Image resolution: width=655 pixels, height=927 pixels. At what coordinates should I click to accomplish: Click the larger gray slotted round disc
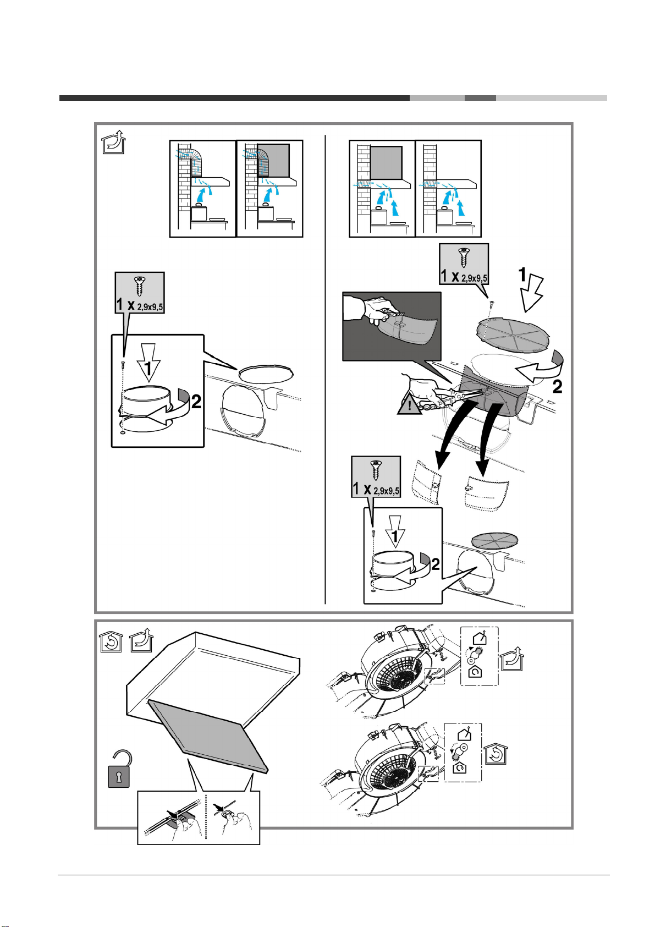coord(513,335)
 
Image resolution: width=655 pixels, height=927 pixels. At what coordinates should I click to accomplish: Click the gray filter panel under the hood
coord(208,736)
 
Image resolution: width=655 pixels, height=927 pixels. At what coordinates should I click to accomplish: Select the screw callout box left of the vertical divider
coord(140,293)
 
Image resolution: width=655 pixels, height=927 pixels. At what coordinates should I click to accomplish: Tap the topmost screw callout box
coord(464,264)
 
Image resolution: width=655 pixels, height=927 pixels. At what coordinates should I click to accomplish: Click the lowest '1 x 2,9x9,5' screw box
coord(376,477)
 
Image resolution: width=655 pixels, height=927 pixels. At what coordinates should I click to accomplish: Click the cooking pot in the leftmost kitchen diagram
coord(199,212)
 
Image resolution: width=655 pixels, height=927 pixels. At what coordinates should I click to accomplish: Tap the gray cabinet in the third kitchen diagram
coord(386,163)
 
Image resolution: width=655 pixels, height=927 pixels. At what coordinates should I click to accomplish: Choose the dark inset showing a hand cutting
coord(392,326)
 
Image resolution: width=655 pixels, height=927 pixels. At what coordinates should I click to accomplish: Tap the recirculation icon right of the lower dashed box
coord(496,754)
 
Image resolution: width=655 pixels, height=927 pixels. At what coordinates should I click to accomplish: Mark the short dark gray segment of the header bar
coord(480,98)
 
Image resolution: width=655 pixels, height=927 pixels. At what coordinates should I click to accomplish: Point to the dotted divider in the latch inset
coord(206,817)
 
